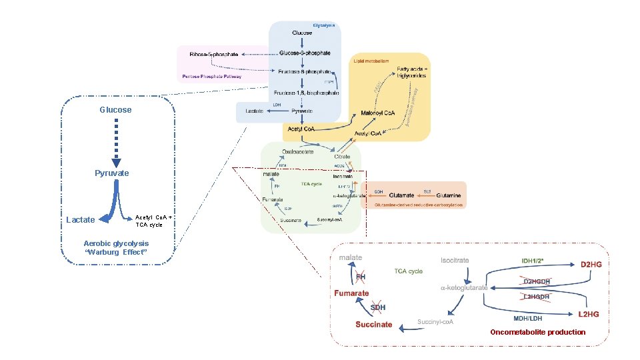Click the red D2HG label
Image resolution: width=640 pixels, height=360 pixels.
pyautogui.click(x=591, y=265)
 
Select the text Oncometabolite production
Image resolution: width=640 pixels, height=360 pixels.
pyautogui.click(x=537, y=332)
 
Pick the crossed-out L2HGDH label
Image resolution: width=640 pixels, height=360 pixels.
pyautogui.click(x=537, y=296)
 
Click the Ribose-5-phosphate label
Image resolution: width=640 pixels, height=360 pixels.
pyautogui.click(x=213, y=54)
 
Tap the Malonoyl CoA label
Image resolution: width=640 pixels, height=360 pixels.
pyautogui.click(x=377, y=113)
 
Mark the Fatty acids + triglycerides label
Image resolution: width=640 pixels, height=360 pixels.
pyautogui.click(x=413, y=73)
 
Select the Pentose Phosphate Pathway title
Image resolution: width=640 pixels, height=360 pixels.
pyautogui.click(x=211, y=77)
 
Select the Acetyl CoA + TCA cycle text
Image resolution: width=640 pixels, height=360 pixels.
pyautogui.click(x=154, y=221)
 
